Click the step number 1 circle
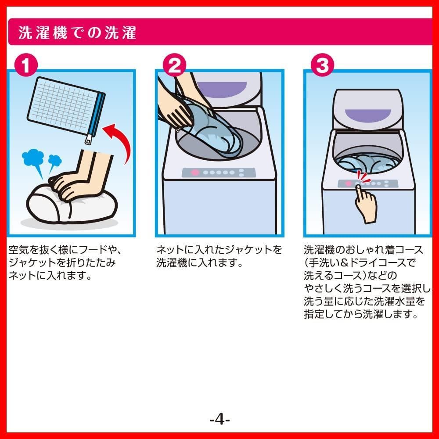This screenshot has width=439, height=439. point(26,65)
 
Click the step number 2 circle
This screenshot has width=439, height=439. point(174,65)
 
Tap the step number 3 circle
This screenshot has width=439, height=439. point(323,65)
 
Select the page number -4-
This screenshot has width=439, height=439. point(220,420)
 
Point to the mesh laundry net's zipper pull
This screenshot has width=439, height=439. point(89,139)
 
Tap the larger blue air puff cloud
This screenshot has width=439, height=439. point(33,157)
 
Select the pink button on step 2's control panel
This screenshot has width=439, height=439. point(195,173)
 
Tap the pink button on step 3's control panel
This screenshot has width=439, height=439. point(348,184)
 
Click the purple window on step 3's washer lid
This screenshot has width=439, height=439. point(367,115)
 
